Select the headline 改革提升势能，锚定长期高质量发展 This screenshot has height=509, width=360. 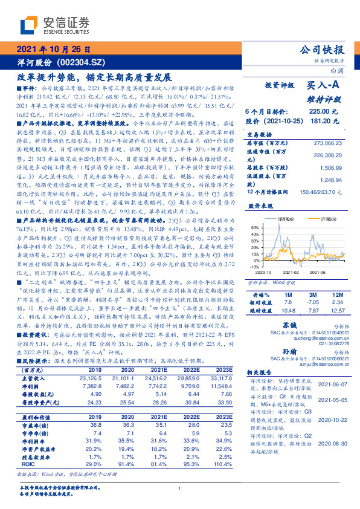click(91, 77)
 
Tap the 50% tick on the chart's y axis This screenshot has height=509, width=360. click(253, 227)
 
